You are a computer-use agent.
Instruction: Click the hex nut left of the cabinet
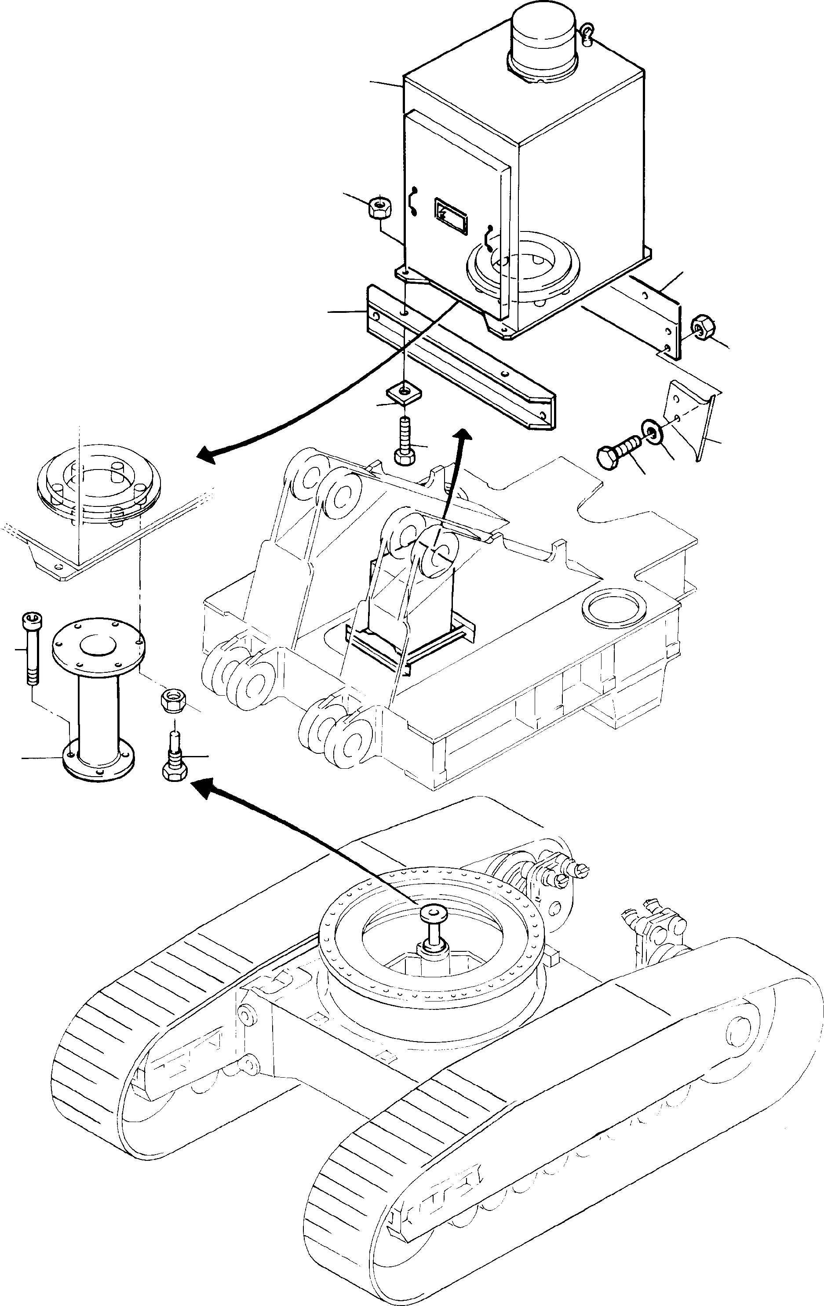point(379,207)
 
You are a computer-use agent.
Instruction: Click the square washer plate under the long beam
point(404,392)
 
